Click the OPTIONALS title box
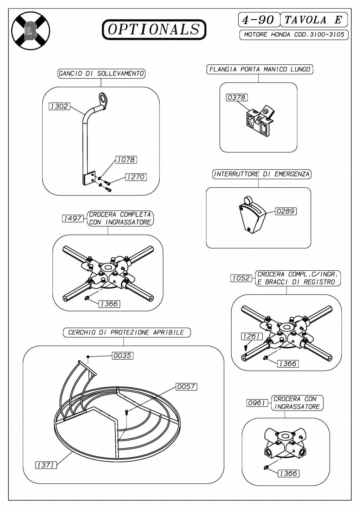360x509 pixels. pos(154,30)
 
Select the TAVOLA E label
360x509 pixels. pos(313,20)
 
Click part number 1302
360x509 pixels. pos(59,106)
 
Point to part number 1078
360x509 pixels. pos(126,160)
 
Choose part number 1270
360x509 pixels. pos(135,177)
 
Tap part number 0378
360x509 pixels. pos(237,97)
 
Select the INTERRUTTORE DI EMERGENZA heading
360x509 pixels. pos(262,174)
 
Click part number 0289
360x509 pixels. pos(285,211)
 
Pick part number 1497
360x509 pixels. pos(73,218)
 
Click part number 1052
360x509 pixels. pos(242,278)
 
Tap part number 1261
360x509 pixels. pos(251,336)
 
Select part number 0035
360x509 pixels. pos(122,355)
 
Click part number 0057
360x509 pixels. pos(186,387)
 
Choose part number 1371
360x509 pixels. pos(46,465)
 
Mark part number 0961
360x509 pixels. pos(257,403)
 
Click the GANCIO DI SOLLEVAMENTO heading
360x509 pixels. pos(101,73)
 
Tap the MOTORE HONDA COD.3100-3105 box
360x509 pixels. pos(294,35)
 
